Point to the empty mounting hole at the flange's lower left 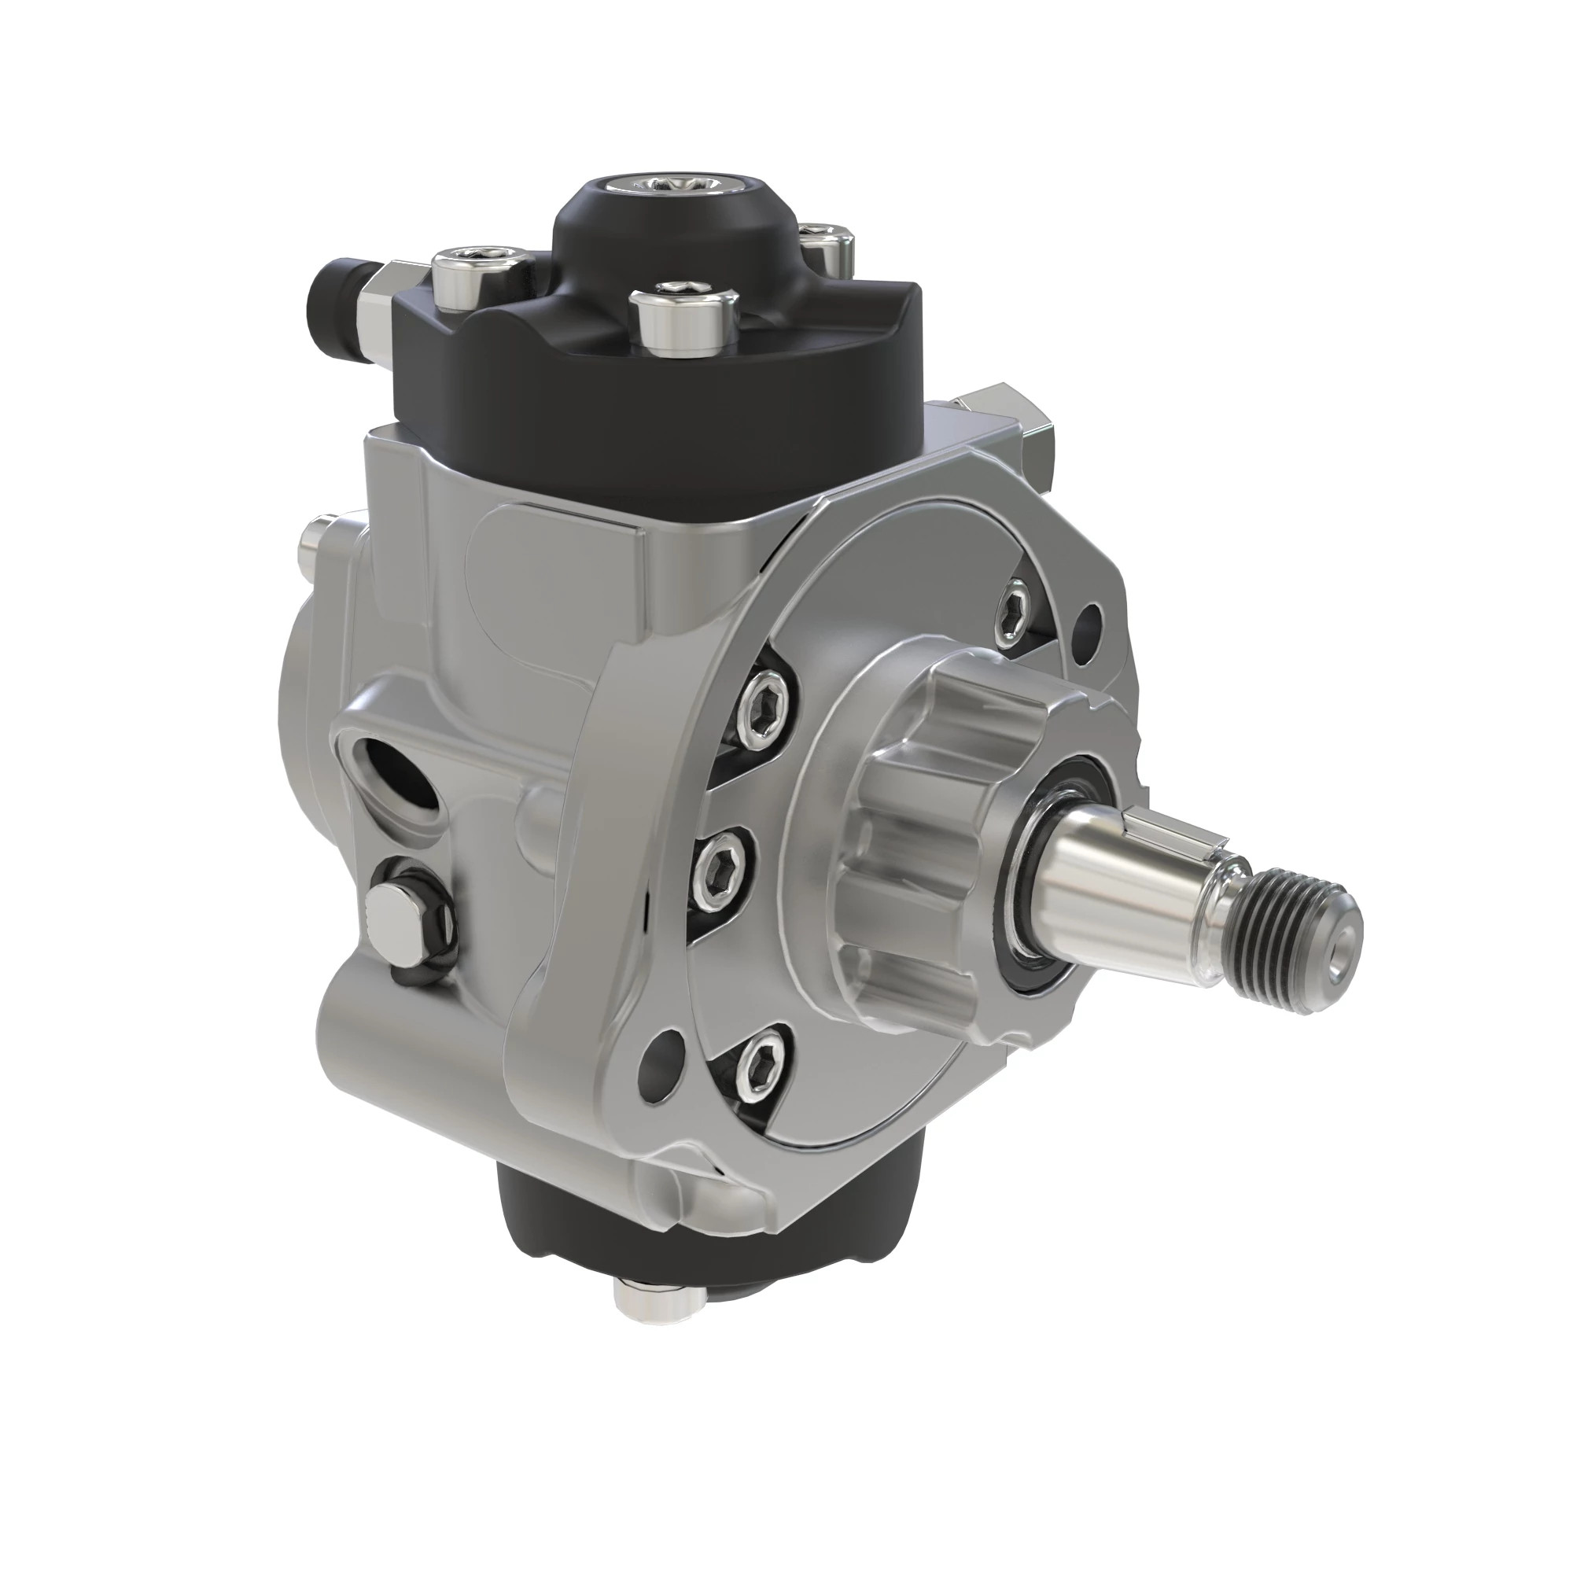(x=661, y=1059)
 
